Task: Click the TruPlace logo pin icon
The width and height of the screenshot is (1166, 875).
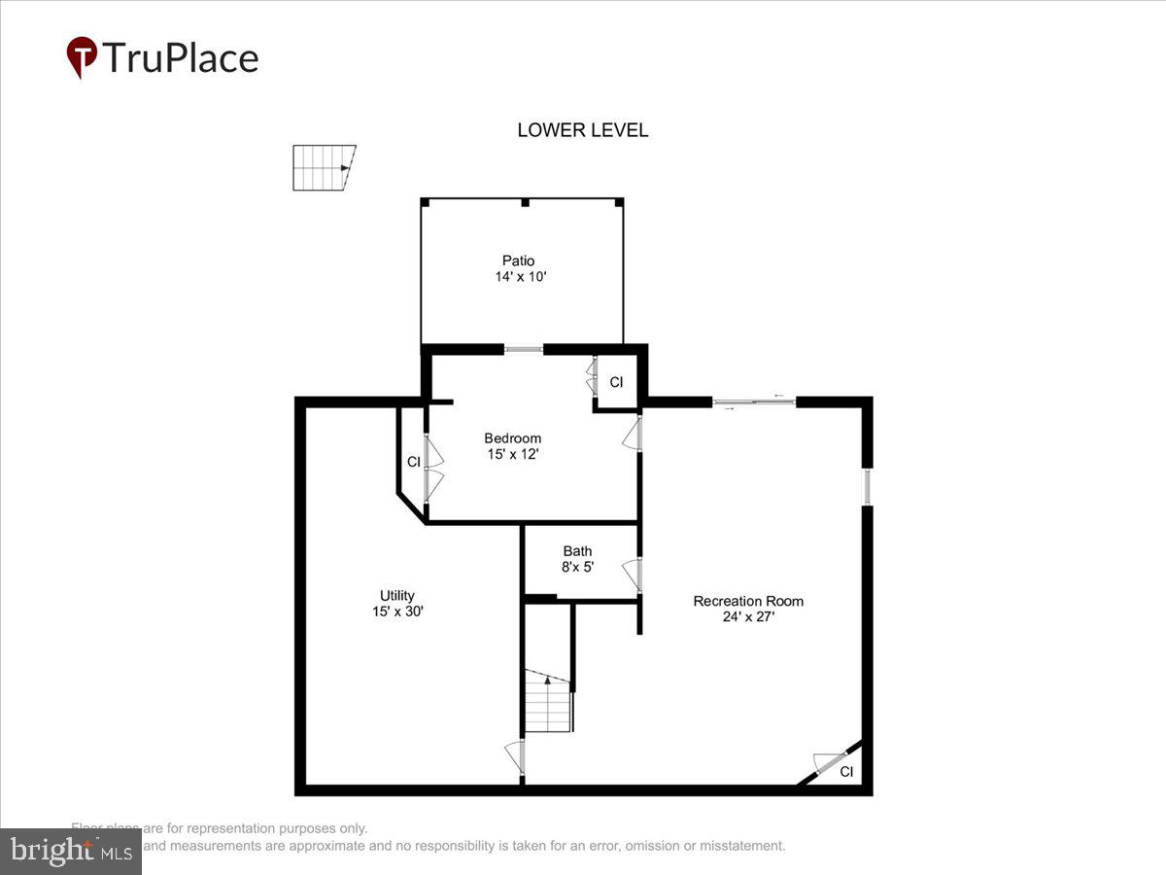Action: (82, 57)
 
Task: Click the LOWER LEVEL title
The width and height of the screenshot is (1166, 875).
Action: (582, 130)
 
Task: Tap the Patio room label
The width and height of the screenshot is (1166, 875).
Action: (518, 261)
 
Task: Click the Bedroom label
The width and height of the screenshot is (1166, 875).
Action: (512, 438)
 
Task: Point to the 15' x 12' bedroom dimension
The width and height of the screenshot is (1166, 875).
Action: (513, 454)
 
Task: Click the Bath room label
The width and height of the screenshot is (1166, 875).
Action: (577, 551)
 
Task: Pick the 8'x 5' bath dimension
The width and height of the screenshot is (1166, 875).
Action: (577, 567)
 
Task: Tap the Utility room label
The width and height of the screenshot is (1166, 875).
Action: (397, 596)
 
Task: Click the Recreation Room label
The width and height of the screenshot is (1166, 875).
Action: (748, 601)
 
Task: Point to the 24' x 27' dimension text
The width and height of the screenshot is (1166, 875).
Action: (748, 616)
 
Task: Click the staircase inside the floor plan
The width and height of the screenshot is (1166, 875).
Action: (548, 702)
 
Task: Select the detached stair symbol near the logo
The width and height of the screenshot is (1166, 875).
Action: (324, 167)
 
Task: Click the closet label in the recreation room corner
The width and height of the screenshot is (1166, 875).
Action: (846, 772)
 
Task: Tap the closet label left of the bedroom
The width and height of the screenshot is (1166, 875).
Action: (413, 462)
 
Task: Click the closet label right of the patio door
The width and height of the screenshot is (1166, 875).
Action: (616, 382)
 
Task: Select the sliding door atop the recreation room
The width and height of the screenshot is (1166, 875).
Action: (754, 402)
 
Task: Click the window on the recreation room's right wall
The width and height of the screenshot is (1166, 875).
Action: (867, 486)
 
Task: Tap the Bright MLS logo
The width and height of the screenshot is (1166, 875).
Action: (70, 852)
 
